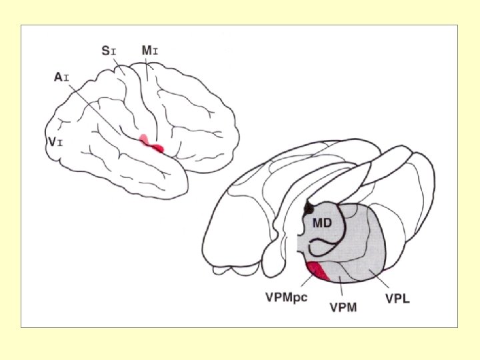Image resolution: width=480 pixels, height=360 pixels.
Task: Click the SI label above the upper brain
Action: coord(108,50)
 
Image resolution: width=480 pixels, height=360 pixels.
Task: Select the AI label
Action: coord(61,77)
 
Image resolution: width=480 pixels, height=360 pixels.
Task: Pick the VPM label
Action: coord(343,307)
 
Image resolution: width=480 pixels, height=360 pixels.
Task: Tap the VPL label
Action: coord(397,298)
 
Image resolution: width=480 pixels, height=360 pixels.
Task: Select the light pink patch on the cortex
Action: coord(143,139)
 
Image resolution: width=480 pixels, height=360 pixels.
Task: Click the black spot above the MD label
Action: coord(307,209)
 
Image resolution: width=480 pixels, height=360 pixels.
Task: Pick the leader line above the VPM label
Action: coord(341,290)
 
